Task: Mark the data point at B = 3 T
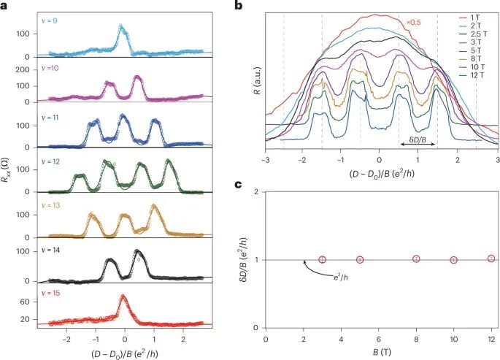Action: (x=322, y=260)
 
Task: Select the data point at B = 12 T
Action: (x=491, y=258)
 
